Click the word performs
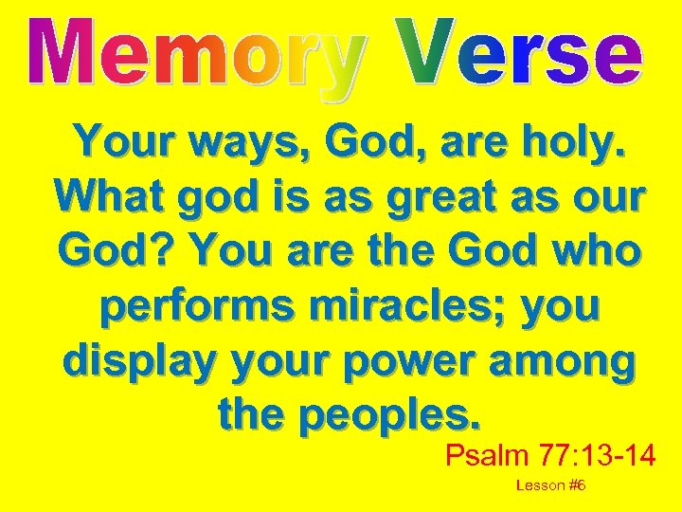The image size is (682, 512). click(x=185, y=307)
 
